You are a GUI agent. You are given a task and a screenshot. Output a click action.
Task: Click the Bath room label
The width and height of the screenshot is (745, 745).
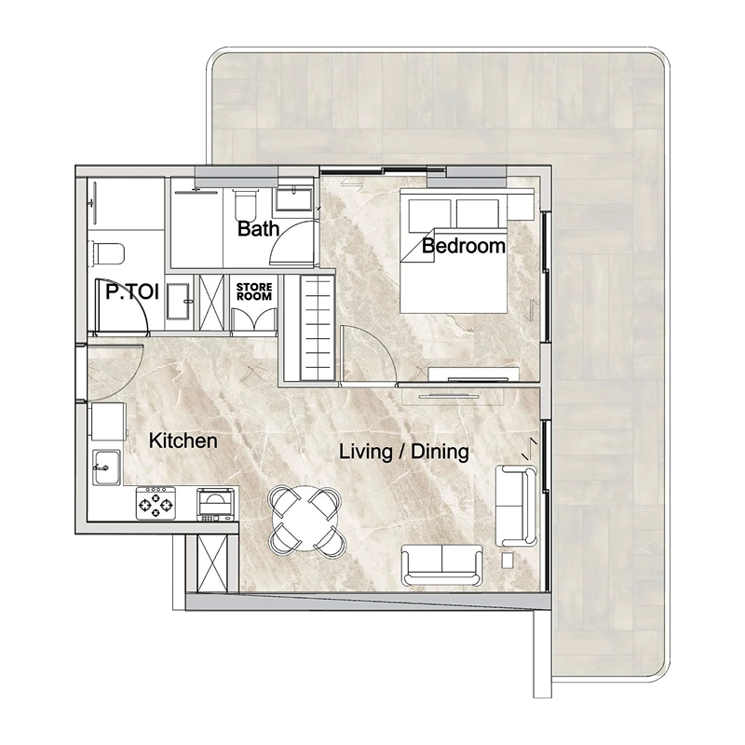tap(257, 228)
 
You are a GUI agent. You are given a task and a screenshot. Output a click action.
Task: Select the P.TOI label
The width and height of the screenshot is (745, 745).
tap(131, 291)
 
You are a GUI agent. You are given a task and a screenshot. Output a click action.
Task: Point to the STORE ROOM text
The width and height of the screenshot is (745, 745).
tap(252, 291)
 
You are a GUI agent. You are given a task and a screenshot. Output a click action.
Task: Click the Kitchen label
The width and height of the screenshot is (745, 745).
tap(183, 440)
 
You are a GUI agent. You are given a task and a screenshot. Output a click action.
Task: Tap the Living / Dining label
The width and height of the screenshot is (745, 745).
tap(403, 453)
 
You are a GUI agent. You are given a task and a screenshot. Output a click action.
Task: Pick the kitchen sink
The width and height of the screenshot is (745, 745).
tap(104, 463)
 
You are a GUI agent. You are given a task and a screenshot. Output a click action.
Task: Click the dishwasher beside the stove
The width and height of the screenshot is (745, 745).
tap(215, 503)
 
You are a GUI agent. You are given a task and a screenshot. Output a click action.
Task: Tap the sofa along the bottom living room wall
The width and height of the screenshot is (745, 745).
tap(442, 564)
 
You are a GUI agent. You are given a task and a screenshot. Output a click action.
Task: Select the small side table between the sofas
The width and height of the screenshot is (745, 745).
tap(508, 561)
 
